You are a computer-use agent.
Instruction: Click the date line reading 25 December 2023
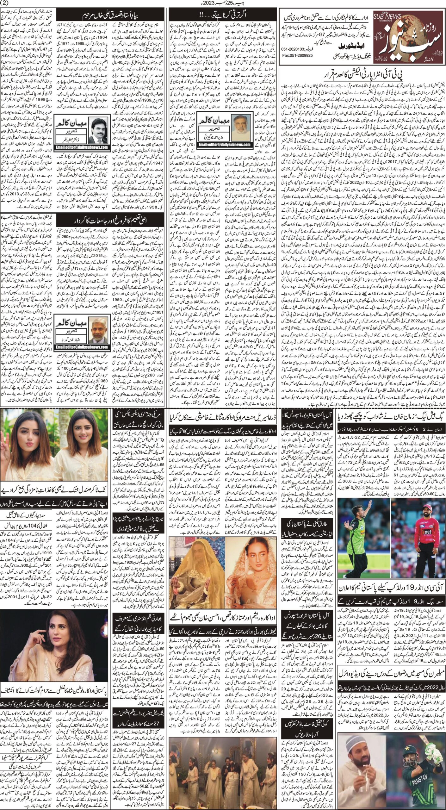pyautogui.click(x=223, y=4)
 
